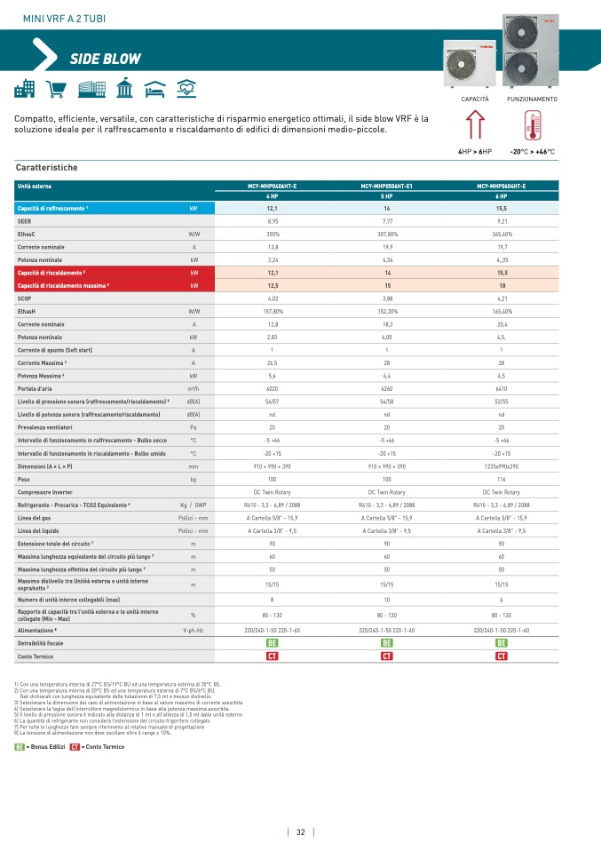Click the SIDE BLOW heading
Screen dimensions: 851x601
106,60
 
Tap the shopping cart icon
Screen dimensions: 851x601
56,90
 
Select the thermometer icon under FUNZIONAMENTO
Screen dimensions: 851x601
533,128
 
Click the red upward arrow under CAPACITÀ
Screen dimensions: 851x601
474,127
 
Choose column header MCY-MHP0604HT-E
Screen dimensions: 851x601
501,186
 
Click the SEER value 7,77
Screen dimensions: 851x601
387,219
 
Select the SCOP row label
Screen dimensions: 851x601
25,299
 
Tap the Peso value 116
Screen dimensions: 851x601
501,479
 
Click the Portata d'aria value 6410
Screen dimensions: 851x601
501,388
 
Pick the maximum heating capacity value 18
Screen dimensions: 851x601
501,286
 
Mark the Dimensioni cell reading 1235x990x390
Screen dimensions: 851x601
501,465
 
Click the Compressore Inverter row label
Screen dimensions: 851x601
44,491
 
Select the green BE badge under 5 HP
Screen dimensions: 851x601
387,642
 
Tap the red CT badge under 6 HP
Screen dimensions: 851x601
501,656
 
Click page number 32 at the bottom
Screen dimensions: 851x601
301,832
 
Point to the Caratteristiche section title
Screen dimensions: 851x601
47,167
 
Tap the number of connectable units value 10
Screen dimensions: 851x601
387,600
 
